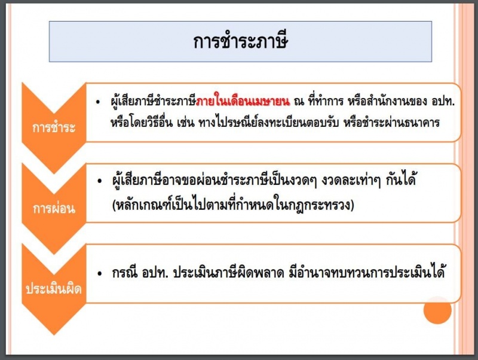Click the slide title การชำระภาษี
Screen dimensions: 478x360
241,41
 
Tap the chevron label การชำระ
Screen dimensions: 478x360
54,127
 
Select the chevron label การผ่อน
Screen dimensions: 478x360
54,208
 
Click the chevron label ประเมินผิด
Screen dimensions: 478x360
54,288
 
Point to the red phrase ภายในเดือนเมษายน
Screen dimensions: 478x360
243,100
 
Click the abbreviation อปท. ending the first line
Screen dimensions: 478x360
443,101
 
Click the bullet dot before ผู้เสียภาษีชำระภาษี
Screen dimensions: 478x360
98,102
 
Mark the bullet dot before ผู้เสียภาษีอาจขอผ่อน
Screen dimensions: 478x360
99,182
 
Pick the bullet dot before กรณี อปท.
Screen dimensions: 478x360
99,274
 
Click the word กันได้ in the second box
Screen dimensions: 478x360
401,179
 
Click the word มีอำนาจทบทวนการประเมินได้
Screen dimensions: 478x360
367,271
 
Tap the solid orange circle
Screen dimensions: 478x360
437,310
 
